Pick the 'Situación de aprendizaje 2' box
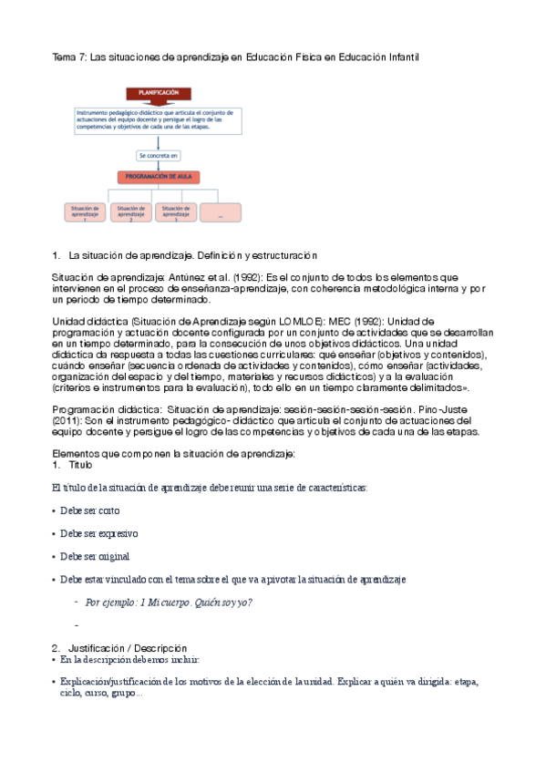[130, 212]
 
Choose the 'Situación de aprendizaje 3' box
[176, 212]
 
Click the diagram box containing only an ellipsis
[221, 212]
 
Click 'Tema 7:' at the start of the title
[67, 57]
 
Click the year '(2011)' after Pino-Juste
[70, 422]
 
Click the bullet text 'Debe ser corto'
[89, 510]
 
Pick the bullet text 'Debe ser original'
[95, 556]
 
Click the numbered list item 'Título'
[80, 465]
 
